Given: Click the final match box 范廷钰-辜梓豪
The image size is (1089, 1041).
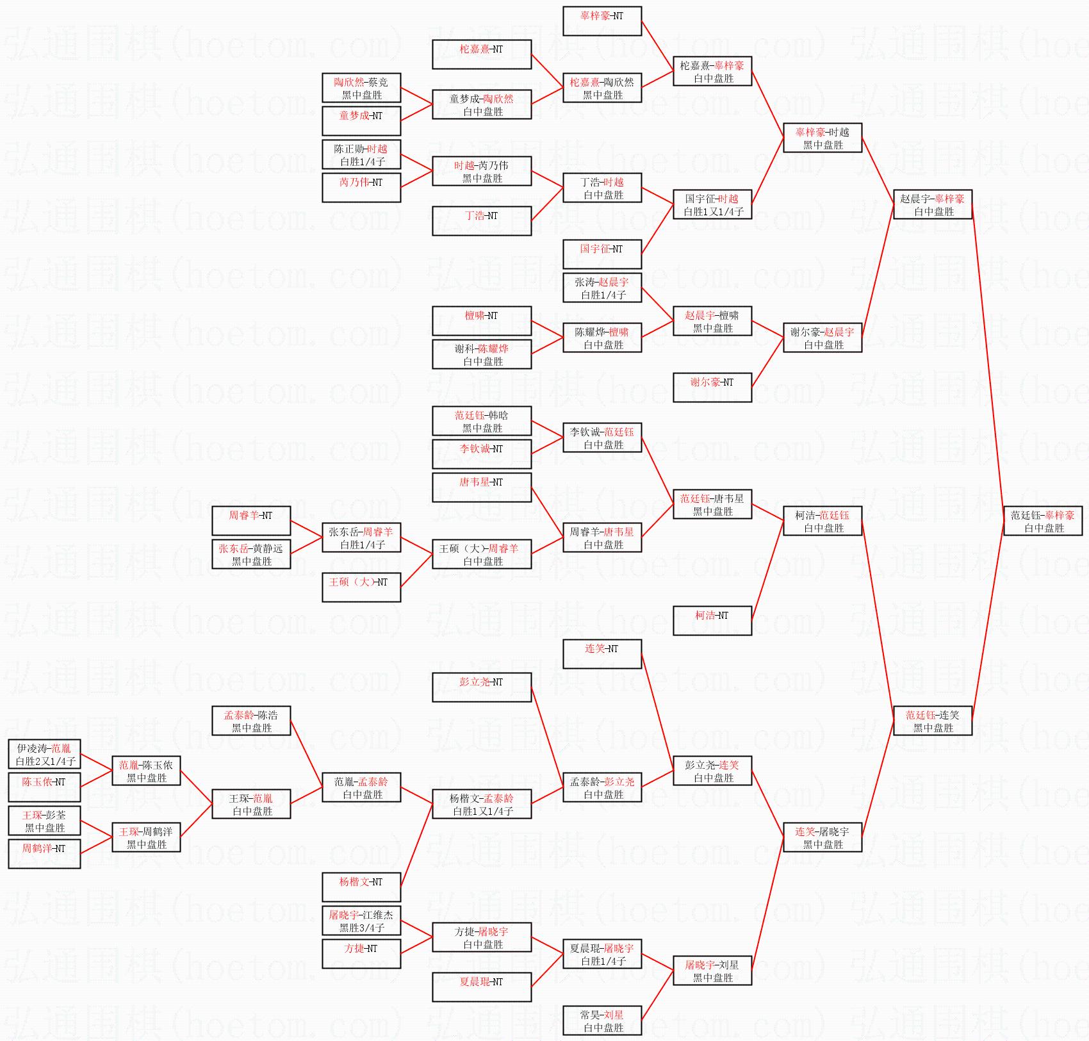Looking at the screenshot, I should (1042, 521).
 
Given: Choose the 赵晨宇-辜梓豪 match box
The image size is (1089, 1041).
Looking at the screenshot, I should (932, 204).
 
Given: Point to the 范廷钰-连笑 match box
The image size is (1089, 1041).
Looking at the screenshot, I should (932, 721).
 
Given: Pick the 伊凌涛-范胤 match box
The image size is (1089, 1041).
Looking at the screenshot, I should (44, 754).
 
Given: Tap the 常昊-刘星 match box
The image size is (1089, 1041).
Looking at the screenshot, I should (602, 1021).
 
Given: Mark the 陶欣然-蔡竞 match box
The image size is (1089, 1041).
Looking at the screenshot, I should (361, 88).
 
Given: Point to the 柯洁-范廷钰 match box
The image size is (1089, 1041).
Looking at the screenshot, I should (822, 521).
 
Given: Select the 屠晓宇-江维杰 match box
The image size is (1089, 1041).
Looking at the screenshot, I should (361, 921).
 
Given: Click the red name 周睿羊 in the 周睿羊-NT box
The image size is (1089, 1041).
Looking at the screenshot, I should (243, 515).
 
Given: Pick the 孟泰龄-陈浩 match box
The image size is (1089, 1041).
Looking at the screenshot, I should (251, 721).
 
